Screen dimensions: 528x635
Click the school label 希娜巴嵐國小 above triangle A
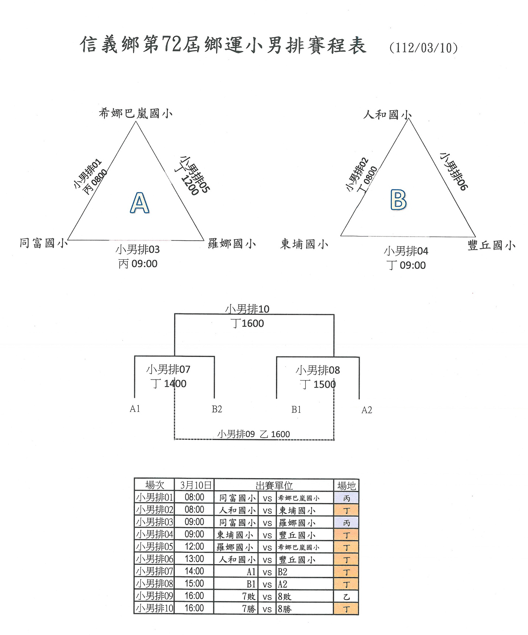pos(135,114)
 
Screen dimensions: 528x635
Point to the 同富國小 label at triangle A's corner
pos(44,243)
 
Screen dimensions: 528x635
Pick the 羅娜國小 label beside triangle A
pos(232,244)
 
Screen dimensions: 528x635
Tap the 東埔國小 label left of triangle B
pos(304,244)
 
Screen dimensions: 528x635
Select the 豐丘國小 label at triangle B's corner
pos(491,245)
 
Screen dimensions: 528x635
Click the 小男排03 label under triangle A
pos(138,250)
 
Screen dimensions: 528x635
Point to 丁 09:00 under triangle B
pos(406,265)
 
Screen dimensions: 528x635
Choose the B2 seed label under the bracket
pos(217,409)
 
